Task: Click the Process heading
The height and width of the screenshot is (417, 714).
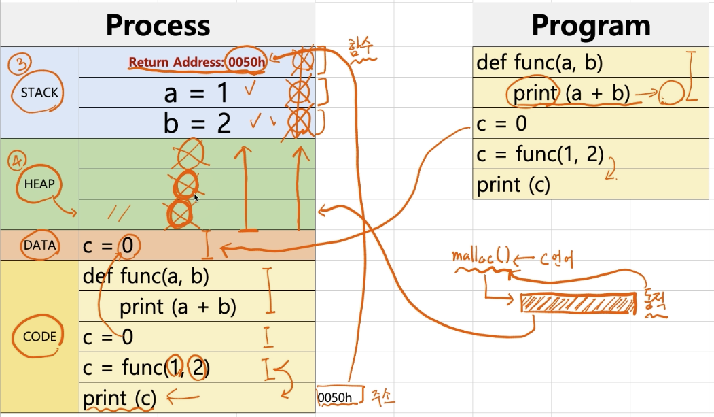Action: (158, 26)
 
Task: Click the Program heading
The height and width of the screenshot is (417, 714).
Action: (590, 26)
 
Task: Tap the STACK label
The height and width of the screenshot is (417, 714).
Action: (39, 93)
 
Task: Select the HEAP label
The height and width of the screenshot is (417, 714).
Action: (39, 184)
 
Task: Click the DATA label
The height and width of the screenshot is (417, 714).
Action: (39, 246)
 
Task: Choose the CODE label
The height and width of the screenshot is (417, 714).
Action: (39, 336)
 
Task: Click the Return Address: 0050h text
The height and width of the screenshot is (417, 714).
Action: (197, 63)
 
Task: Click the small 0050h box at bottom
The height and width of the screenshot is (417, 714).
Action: (336, 397)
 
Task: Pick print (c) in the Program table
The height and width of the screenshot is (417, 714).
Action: (513, 184)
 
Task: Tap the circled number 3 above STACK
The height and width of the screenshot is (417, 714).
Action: (18, 65)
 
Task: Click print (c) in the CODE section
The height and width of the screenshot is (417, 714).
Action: (120, 398)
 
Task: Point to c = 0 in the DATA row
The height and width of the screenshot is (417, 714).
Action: (109, 246)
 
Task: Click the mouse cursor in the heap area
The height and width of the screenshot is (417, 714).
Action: (196, 197)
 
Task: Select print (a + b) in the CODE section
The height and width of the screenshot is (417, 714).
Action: (177, 307)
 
